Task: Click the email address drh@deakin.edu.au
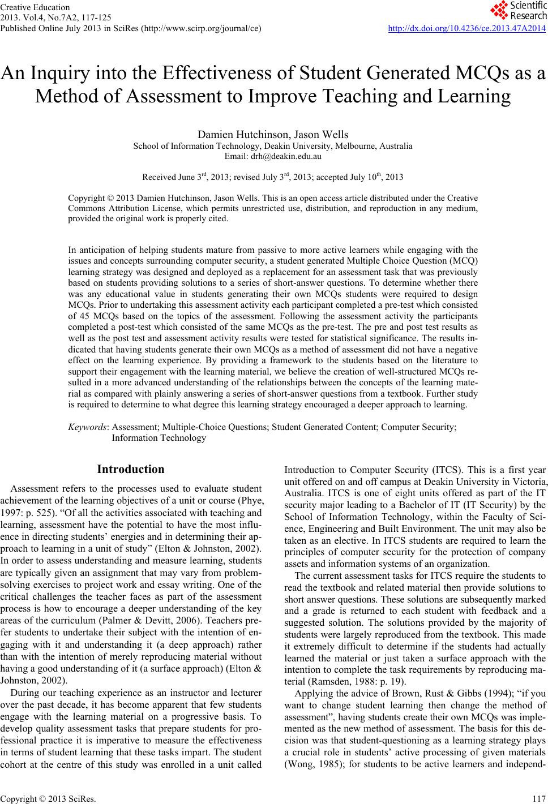[x=273, y=156]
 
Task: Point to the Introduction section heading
[x=131, y=469]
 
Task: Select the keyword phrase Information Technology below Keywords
[x=159, y=437]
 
